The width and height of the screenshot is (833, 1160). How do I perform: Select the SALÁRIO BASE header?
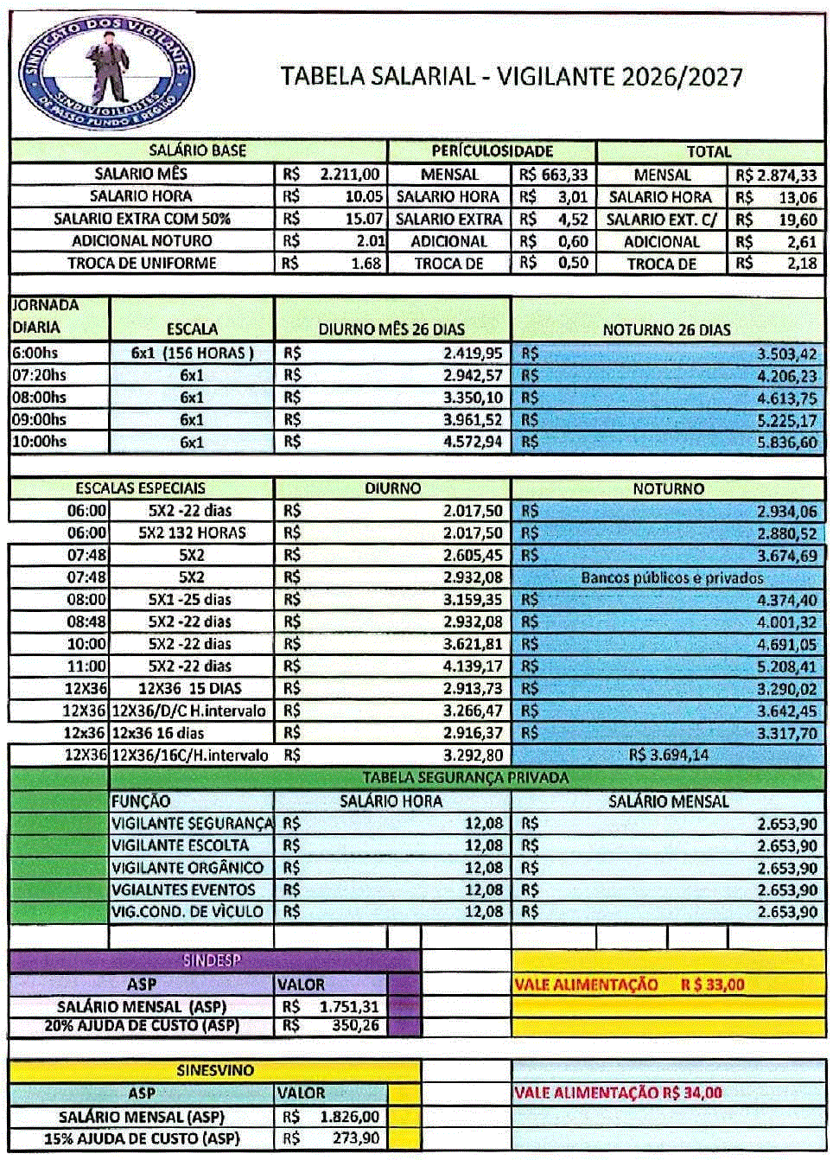(x=198, y=150)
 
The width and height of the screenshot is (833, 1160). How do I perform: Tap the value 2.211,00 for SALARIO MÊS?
(x=349, y=174)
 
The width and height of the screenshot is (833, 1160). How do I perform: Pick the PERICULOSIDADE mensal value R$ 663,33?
(x=553, y=175)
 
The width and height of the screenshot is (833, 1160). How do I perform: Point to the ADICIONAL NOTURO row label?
(x=142, y=241)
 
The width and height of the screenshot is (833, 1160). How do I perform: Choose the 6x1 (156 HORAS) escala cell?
(x=192, y=353)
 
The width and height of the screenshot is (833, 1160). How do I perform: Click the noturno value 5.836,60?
(x=785, y=442)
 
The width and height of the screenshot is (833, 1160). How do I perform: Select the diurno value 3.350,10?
(x=472, y=398)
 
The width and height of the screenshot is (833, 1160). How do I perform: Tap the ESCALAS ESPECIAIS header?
(x=141, y=488)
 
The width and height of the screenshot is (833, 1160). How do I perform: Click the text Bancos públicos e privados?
(x=671, y=577)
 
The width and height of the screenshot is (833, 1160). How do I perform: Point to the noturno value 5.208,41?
(x=785, y=666)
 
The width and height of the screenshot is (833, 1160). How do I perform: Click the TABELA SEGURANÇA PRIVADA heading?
(x=465, y=778)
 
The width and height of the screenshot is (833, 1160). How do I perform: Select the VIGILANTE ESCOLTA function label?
(x=180, y=845)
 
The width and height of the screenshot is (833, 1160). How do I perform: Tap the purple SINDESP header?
(x=211, y=960)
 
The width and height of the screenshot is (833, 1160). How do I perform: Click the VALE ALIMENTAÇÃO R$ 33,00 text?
(x=629, y=985)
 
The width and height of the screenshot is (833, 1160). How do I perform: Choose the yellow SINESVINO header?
(x=215, y=1070)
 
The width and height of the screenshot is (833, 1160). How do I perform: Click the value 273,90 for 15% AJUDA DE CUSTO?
(x=355, y=1138)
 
